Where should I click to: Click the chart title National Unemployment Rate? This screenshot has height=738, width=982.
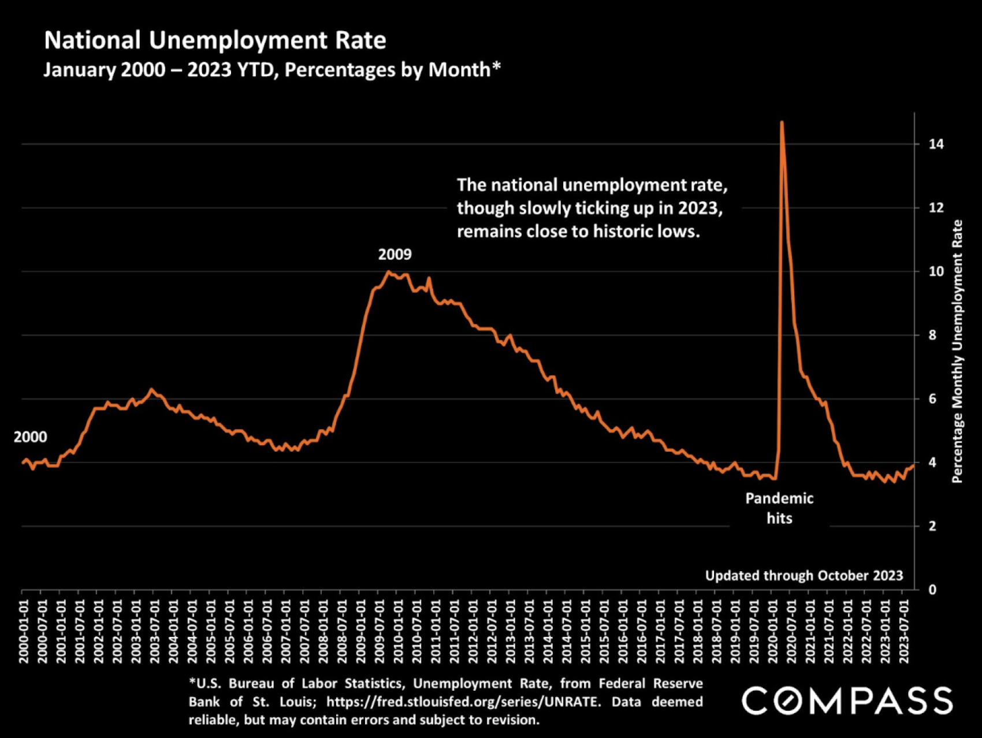215,40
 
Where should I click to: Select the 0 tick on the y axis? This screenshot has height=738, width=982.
932,590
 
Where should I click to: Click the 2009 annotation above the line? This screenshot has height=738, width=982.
395,254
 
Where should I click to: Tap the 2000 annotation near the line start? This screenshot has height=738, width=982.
30,437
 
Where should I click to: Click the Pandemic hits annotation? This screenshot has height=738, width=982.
779,508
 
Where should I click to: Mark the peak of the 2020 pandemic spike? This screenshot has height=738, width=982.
782,122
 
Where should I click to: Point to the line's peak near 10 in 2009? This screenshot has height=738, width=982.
388,271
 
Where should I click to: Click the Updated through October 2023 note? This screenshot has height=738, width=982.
804,576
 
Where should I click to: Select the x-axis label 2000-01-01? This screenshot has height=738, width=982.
24,631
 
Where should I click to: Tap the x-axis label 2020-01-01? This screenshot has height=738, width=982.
773,631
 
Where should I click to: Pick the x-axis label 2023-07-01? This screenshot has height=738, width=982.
904,631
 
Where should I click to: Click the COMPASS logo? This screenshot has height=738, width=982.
847,700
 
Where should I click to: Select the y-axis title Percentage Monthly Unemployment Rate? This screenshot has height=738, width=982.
957,351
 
